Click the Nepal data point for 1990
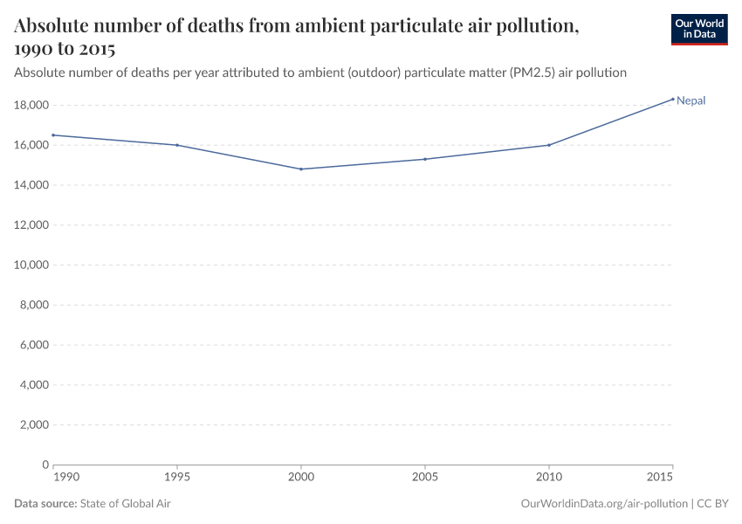[x=54, y=135]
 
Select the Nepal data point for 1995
[x=177, y=145]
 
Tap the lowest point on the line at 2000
[x=301, y=169]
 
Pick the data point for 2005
[x=425, y=159]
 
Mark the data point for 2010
[x=548, y=145]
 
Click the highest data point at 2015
[x=672, y=99]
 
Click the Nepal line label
[x=690, y=100]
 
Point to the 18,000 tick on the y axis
[x=31, y=106]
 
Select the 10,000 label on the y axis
[x=31, y=265]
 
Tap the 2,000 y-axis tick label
[x=33, y=425]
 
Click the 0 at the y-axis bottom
[x=44, y=465]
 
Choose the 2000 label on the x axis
[x=301, y=479]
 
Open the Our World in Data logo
[x=698, y=29]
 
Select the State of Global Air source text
[x=131, y=504]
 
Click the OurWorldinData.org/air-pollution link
[x=603, y=504]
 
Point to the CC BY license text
[x=712, y=504]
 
